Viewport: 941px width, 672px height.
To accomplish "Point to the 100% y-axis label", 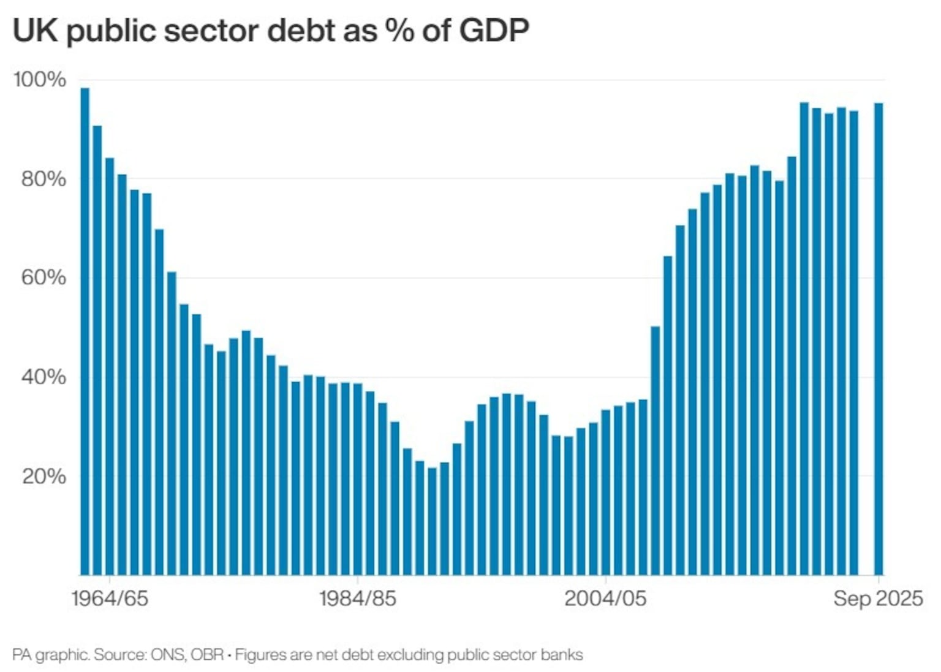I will point(40,80).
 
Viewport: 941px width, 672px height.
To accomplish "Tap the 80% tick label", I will point(43,179).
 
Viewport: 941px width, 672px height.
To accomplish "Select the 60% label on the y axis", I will point(43,277).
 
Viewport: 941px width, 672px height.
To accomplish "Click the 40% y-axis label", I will point(43,377).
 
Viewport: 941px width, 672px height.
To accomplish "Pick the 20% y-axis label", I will point(43,476).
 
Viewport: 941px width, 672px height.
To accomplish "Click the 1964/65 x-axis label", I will point(110,598).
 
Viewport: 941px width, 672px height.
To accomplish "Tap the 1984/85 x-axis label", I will point(357,598).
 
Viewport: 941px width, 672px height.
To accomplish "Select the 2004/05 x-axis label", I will point(605,598).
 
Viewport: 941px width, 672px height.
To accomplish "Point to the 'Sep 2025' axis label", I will point(877,598).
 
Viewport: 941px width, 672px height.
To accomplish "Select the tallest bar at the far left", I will point(85,331).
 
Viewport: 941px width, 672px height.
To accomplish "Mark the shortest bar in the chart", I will point(432,521).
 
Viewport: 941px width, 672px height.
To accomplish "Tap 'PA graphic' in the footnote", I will point(49,655).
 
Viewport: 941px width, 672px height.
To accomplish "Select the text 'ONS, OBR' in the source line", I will point(187,655).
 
